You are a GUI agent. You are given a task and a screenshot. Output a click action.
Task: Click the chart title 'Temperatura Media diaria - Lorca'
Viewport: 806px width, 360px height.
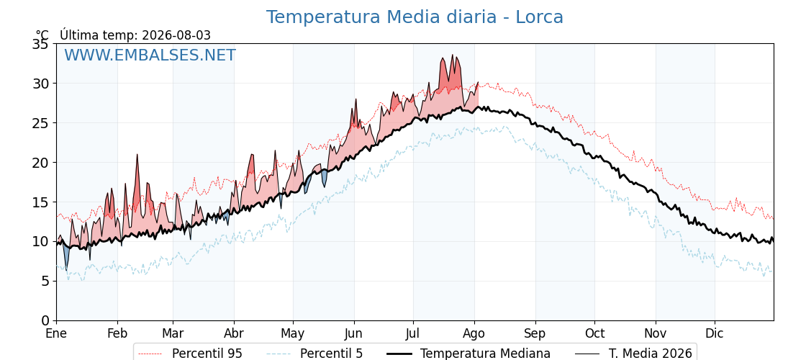pyautogui.click(x=415, y=17)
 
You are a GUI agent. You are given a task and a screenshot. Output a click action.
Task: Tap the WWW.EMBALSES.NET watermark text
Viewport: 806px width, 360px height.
pyautogui.click(x=150, y=55)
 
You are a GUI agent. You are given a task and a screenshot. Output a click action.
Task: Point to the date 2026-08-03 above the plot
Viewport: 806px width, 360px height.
pyautogui.click(x=176, y=35)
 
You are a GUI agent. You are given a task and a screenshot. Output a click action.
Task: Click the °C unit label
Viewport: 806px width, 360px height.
pyautogui.click(x=42, y=35)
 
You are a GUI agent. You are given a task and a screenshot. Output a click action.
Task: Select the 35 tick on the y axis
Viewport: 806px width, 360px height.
pyautogui.click(x=40, y=44)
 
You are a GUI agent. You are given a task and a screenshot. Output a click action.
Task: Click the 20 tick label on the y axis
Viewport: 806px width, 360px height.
pyautogui.click(x=40, y=163)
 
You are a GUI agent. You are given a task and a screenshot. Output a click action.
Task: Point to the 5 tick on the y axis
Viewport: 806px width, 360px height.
pyautogui.click(x=45, y=281)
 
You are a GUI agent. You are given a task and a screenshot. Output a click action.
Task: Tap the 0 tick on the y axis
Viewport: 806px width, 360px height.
pyautogui.click(x=45, y=320)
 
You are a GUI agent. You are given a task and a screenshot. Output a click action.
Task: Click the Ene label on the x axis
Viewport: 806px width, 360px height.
pyautogui.click(x=56, y=333)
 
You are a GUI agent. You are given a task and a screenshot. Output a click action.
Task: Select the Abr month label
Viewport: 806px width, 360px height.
pyautogui.click(x=234, y=333)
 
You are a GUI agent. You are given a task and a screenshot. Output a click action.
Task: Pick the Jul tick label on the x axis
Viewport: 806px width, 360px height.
pyautogui.click(x=413, y=333)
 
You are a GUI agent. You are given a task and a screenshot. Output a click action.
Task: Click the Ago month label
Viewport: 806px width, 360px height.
pyautogui.click(x=474, y=334)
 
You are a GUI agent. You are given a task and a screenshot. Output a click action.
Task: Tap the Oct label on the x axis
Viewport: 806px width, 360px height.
pyautogui.click(x=594, y=333)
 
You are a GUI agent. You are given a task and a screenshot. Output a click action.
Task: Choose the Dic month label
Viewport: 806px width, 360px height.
pyautogui.click(x=715, y=333)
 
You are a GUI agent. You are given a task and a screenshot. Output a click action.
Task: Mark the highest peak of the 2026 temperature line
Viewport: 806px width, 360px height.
pyautogui.click(x=453, y=55)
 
